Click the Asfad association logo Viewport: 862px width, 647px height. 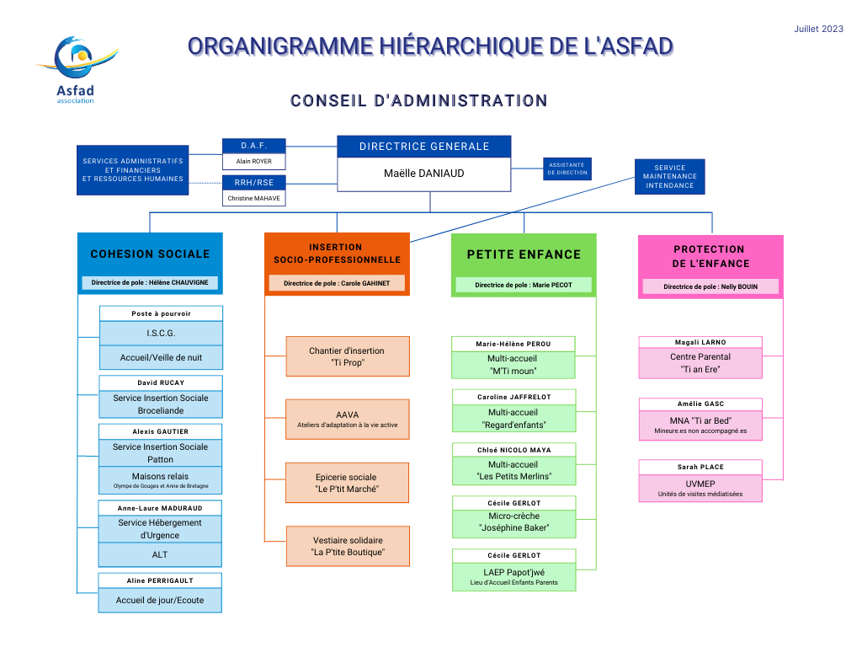(x=77, y=70)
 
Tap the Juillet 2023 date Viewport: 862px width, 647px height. (x=818, y=29)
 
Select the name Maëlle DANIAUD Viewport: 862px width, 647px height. (x=424, y=174)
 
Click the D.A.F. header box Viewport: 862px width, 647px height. (x=254, y=146)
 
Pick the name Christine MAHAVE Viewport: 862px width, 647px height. (x=254, y=198)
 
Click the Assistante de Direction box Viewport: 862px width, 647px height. (x=567, y=168)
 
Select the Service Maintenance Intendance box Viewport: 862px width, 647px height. (x=669, y=177)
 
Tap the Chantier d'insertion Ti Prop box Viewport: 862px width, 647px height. (x=348, y=356)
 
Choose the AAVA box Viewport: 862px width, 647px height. (x=348, y=420)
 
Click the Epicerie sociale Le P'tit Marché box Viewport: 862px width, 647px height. (x=348, y=483)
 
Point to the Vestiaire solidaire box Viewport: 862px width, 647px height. (x=348, y=546)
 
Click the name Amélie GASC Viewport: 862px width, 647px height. (x=700, y=404)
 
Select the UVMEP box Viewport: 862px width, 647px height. (x=700, y=488)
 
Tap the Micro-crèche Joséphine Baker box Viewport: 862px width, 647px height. (x=514, y=522)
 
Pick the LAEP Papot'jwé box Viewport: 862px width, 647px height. (x=514, y=576)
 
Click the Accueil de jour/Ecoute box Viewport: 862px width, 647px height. (x=160, y=600)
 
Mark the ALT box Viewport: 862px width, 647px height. (x=160, y=554)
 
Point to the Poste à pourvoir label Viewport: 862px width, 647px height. (x=161, y=313)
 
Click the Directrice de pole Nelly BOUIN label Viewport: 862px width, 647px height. (x=710, y=286)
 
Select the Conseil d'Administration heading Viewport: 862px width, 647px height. (x=419, y=101)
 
